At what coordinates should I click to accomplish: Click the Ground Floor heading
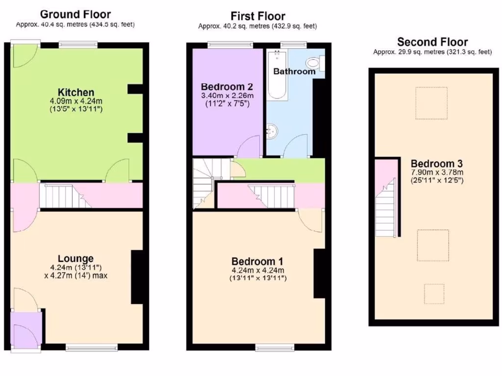(75, 14)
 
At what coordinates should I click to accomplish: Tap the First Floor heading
(258, 16)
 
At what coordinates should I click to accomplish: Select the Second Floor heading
(432, 42)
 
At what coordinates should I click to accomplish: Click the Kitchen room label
(75, 92)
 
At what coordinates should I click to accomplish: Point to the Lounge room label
(75, 258)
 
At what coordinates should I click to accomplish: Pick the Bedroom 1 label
(257, 261)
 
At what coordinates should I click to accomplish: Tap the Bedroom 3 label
(436, 164)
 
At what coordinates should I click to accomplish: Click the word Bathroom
(294, 71)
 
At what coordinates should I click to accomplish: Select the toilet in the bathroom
(313, 63)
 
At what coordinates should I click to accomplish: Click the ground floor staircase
(64, 196)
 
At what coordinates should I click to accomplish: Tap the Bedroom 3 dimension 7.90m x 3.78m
(436, 172)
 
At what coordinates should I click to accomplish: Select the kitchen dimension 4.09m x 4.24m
(75, 101)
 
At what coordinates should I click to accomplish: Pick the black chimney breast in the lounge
(137, 277)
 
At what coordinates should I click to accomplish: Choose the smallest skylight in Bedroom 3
(434, 294)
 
